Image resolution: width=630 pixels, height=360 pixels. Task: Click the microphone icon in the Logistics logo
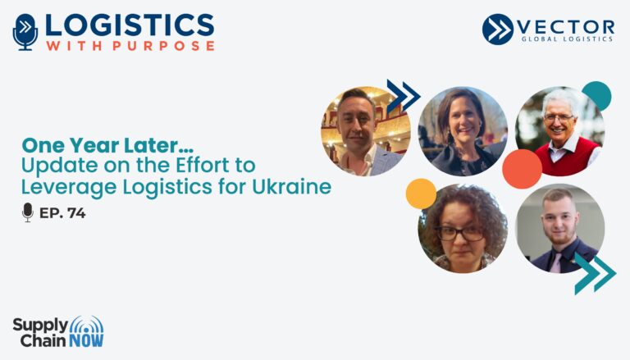pos(25,32)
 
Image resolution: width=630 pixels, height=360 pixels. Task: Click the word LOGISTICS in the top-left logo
pos(130,25)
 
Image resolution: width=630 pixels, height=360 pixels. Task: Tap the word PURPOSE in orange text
pos(163,46)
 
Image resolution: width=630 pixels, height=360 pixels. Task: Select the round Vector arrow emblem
pos(497,29)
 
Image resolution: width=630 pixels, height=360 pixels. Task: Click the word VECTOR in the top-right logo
pos(566,27)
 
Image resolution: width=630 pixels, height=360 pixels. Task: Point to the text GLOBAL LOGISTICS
pos(567,39)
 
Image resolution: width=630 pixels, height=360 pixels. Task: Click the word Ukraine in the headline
pos(292,186)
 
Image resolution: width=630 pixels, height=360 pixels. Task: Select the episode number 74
pos(76,213)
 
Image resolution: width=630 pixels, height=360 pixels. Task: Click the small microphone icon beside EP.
pos(28,212)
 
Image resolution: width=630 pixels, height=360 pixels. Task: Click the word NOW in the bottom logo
pos(86,340)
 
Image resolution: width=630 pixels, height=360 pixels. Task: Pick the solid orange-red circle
pos(522,169)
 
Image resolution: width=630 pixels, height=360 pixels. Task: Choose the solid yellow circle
pos(421,194)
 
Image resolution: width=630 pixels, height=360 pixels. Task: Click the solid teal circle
pos(596,96)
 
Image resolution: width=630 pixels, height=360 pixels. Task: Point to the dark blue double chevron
pos(404,97)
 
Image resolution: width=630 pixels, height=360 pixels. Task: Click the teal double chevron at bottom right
pos(595,274)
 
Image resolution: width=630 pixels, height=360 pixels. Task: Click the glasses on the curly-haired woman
pos(460,233)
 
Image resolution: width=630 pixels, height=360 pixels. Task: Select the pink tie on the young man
pos(555,262)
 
